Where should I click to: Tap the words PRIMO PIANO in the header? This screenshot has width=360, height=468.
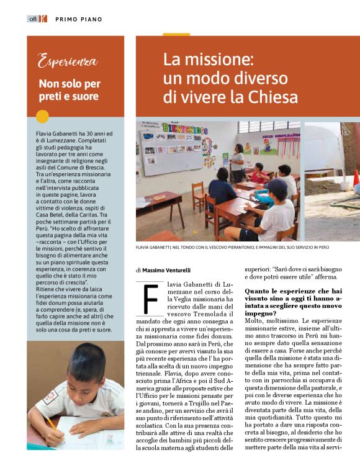click(79, 19)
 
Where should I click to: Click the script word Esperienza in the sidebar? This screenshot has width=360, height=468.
click(68, 61)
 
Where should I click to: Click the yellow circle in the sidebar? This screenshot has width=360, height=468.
click(43, 116)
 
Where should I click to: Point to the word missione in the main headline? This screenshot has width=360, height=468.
click(215, 60)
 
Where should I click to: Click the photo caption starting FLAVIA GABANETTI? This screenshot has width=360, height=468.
click(232, 248)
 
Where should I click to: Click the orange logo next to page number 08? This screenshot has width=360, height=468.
click(43, 19)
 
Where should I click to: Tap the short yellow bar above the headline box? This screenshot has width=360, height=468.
click(176, 34)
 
